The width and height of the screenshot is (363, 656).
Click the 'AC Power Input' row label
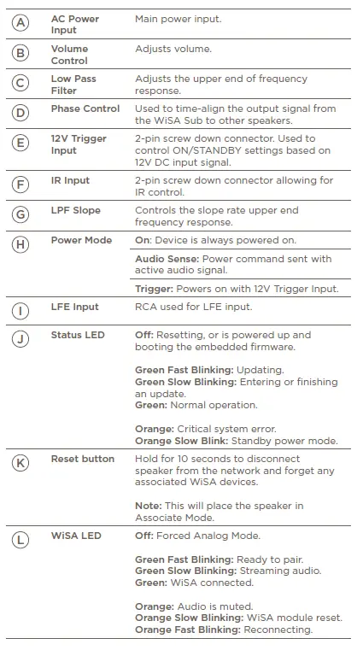pos(74,24)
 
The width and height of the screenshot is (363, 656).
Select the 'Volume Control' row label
pos(69,55)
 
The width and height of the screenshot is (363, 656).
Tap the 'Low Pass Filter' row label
pos(73,85)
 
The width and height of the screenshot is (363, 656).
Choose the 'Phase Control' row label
pos(85,108)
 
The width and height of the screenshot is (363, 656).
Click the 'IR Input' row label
pos(70,181)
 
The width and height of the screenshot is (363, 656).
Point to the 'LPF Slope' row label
pos(75,211)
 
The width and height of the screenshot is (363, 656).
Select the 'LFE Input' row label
pos(74,307)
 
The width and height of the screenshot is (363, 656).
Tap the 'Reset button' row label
pos(82,459)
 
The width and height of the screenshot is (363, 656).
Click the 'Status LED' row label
pos(78,335)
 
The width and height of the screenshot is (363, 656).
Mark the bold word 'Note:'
pos(149,506)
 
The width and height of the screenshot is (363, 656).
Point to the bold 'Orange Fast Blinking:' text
pos(188,630)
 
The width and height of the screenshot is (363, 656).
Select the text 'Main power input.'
pos(178,18)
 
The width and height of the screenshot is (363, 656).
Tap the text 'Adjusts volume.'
pos(173,49)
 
